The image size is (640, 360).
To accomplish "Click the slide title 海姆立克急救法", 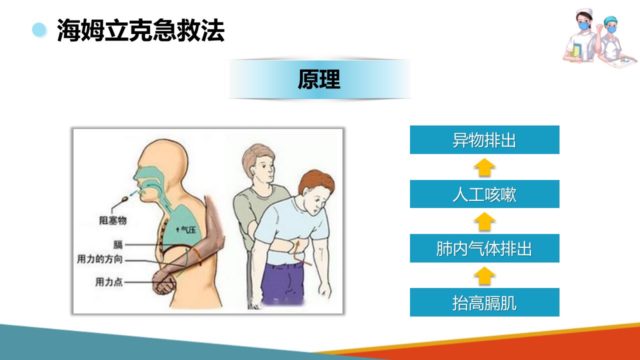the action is pyautogui.click(x=140, y=30).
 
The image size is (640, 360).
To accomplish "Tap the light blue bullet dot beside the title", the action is pyautogui.click(x=39, y=29).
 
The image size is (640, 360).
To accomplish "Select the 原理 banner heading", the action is pyautogui.click(x=319, y=79).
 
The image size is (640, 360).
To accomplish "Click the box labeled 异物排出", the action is pyautogui.click(x=484, y=139).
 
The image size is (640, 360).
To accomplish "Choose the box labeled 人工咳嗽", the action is pyautogui.click(x=484, y=194).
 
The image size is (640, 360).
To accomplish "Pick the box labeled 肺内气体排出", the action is pyautogui.click(x=484, y=248).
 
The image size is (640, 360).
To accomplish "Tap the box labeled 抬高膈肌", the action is pyautogui.click(x=484, y=302).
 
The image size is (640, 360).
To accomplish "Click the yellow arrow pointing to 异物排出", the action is pyautogui.click(x=484, y=167).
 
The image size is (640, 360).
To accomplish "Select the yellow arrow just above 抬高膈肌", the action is pyautogui.click(x=484, y=275).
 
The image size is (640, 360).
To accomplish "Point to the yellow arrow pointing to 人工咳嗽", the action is pyautogui.click(x=484, y=221).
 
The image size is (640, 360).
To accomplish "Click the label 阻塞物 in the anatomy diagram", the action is pyautogui.click(x=113, y=220).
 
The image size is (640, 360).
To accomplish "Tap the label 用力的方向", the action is pyautogui.click(x=99, y=259).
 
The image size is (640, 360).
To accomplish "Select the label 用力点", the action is pyautogui.click(x=109, y=282).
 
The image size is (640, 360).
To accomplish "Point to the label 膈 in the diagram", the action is pyautogui.click(x=118, y=245).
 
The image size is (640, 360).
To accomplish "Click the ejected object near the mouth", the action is pyautogui.click(x=125, y=198).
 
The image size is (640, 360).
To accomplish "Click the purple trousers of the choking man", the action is pyautogui.click(x=282, y=284).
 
